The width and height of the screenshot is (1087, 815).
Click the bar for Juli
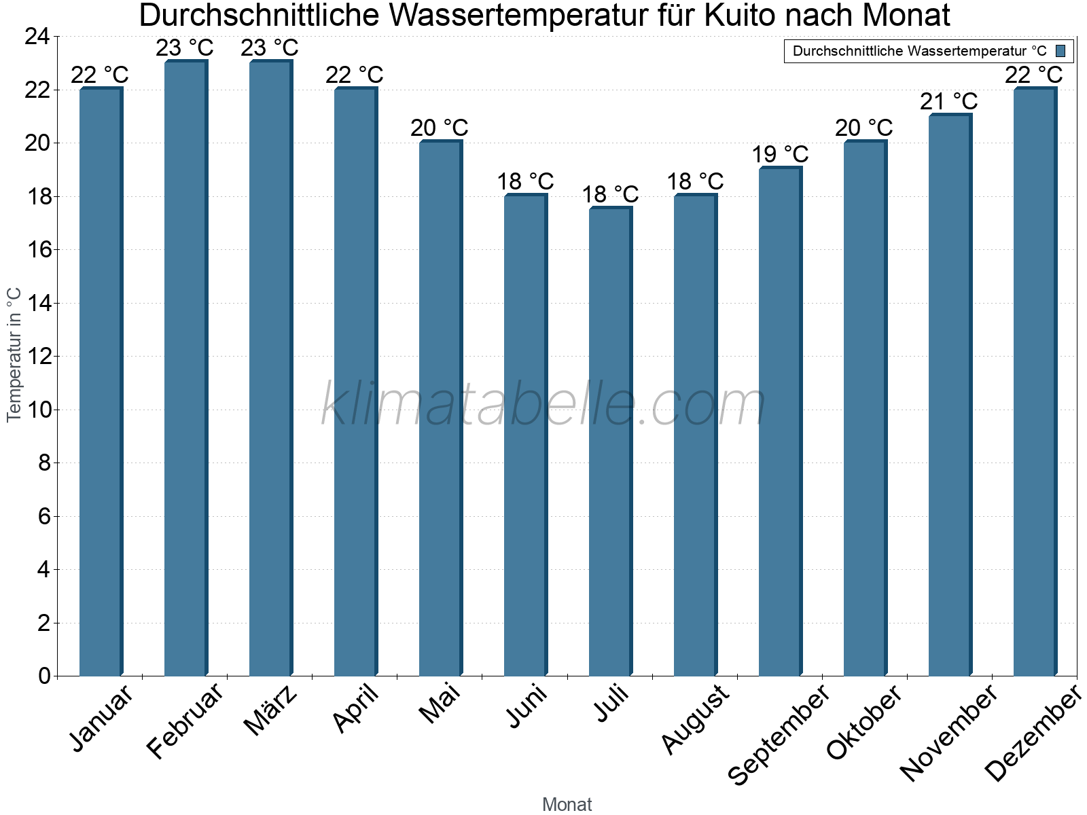click(x=610, y=441)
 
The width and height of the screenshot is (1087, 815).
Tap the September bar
click(x=780, y=421)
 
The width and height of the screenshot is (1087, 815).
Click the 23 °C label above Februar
click(x=185, y=48)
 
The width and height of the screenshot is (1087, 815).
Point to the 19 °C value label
click(x=780, y=155)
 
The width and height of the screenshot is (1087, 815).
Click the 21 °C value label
click(x=949, y=102)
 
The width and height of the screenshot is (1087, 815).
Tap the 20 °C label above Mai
click(x=440, y=128)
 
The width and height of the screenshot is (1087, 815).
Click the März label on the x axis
click(x=270, y=710)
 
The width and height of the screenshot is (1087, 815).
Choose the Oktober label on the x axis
click(x=863, y=722)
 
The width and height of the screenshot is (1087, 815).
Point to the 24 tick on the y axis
click(x=38, y=37)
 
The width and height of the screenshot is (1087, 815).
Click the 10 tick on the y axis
click(x=38, y=410)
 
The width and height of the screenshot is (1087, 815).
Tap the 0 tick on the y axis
click(x=45, y=676)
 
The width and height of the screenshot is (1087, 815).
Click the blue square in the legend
click(x=1061, y=51)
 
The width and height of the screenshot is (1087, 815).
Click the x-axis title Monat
click(x=567, y=805)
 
